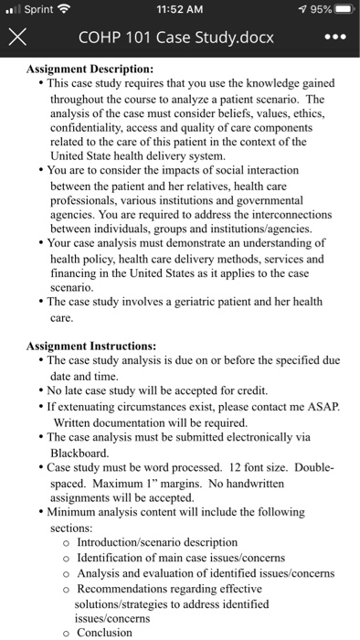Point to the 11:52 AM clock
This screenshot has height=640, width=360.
point(179,11)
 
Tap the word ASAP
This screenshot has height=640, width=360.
point(321,407)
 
